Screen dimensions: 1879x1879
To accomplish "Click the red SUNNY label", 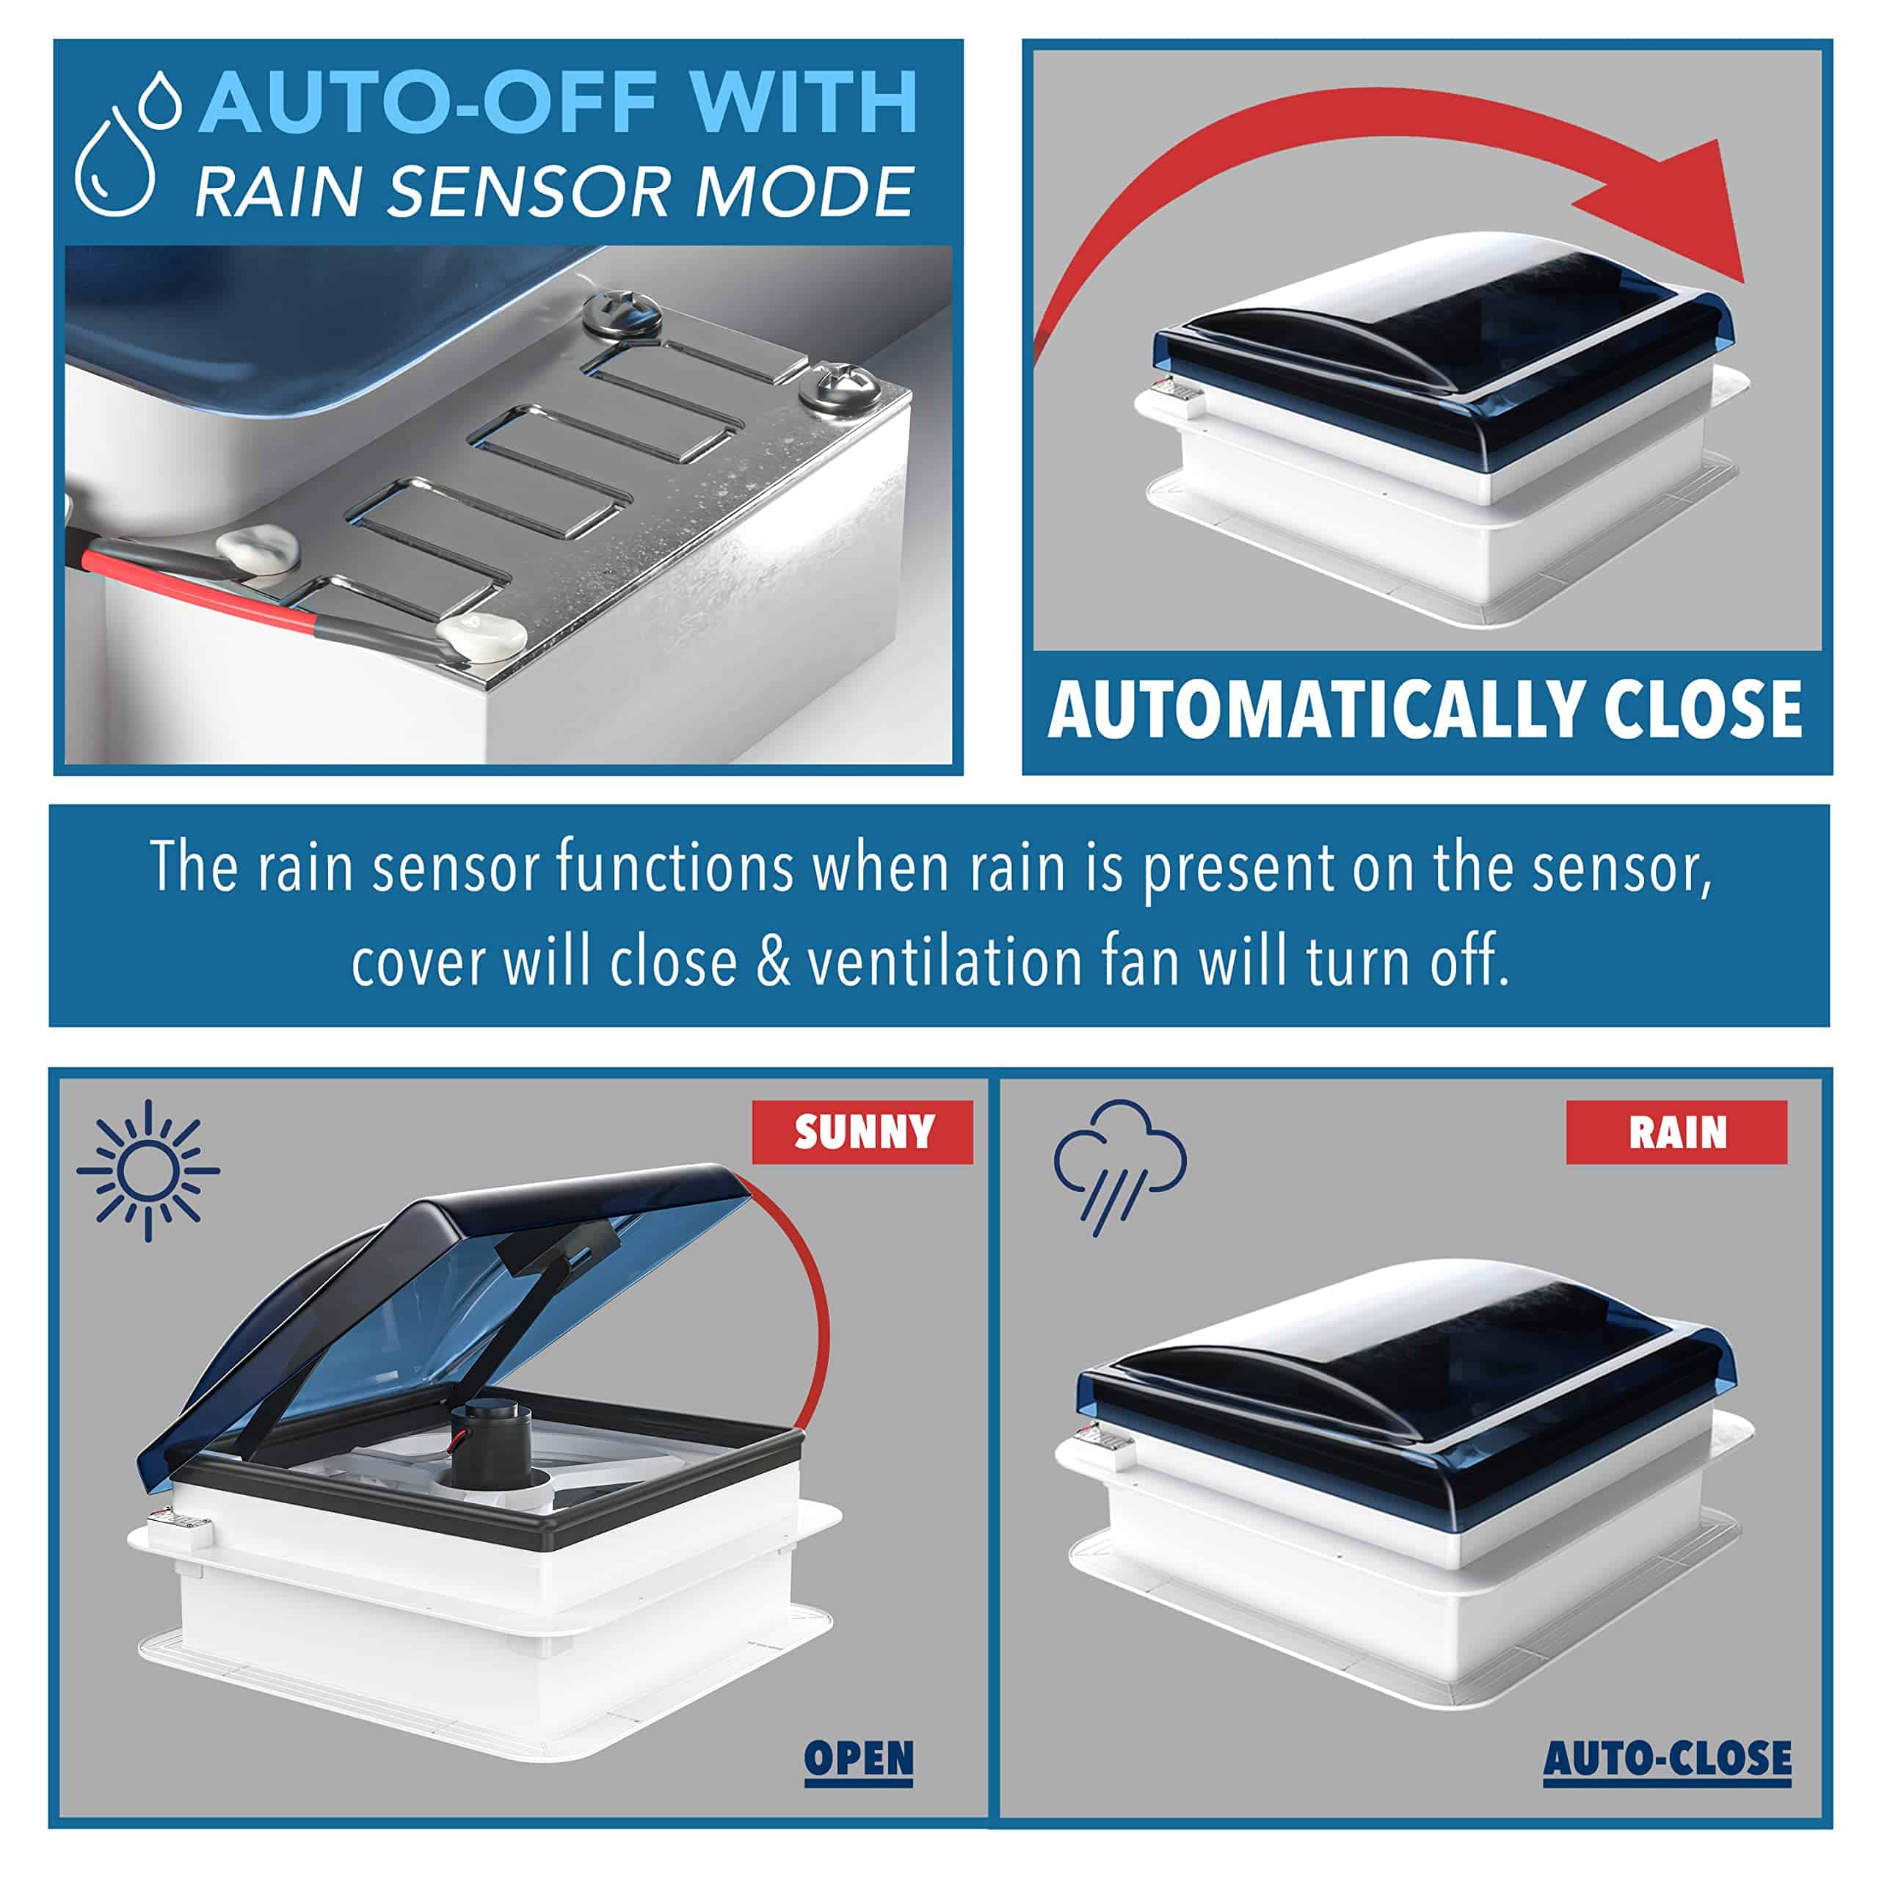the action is (862, 1131).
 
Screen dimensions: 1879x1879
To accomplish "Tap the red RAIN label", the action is (1676, 1131).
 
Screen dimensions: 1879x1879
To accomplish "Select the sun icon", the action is (148, 1170).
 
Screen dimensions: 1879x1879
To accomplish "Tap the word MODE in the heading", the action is (803, 191).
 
